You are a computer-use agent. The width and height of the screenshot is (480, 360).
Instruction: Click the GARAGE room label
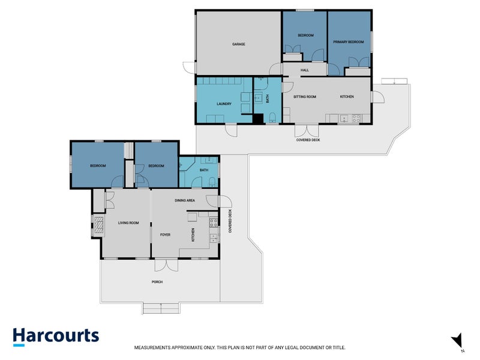click(238, 44)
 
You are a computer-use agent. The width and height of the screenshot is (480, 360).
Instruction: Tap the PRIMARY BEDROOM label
click(349, 41)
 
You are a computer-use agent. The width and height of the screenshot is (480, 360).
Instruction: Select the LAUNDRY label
click(224, 104)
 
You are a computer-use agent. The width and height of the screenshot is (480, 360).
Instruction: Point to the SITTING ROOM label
click(305, 97)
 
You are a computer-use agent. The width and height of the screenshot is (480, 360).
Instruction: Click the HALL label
click(305, 70)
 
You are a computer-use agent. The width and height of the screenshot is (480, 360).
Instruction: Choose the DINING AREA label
click(185, 200)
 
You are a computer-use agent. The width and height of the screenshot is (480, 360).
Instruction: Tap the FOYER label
click(165, 235)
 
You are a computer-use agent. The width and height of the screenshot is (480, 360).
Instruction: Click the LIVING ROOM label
click(128, 223)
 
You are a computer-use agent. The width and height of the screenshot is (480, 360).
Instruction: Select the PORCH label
click(157, 281)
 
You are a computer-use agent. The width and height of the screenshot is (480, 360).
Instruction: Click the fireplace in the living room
click(98, 225)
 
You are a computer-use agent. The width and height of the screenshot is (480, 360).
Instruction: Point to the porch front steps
click(161, 308)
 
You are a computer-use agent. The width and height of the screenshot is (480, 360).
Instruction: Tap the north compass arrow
click(457, 340)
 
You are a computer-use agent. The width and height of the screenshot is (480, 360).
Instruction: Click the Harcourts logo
click(56, 337)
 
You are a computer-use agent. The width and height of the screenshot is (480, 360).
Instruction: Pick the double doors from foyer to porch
click(166, 265)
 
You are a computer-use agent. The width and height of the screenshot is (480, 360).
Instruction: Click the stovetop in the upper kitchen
click(356, 118)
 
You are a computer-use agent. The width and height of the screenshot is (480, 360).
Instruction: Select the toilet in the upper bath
click(272, 118)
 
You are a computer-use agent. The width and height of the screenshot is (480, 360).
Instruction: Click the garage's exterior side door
click(189, 68)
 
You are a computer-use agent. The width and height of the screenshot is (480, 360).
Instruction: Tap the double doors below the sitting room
click(307, 131)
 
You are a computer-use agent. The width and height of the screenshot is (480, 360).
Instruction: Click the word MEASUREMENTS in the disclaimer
click(152, 347)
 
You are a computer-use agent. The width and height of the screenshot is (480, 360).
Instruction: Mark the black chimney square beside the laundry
click(258, 119)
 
